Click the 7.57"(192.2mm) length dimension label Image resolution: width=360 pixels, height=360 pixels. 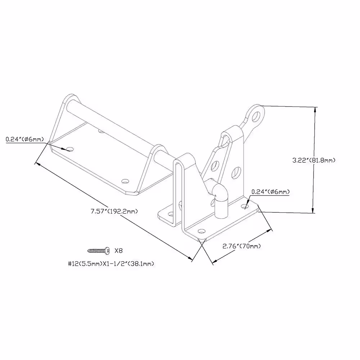(x=114, y=211)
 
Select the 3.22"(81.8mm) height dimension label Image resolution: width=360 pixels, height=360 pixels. (x=314, y=160)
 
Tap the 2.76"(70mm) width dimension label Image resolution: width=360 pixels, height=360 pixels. (x=242, y=246)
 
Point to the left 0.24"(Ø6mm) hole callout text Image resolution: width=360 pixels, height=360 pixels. (x=25, y=139)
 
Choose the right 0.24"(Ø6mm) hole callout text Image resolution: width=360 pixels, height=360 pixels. (x=270, y=192)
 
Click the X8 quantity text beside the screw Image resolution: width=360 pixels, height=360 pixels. (x=118, y=251)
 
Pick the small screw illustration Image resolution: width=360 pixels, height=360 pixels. (x=99, y=251)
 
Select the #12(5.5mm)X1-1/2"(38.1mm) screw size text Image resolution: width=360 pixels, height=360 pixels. (x=111, y=264)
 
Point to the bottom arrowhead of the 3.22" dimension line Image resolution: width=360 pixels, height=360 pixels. (x=313, y=210)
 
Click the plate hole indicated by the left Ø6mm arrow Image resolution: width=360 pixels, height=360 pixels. (x=70, y=150)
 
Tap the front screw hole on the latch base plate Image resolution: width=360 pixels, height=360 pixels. (x=202, y=231)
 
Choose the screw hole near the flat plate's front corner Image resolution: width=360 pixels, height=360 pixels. (x=125, y=181)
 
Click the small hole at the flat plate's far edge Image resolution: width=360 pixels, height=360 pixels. (x=100, y=131)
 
